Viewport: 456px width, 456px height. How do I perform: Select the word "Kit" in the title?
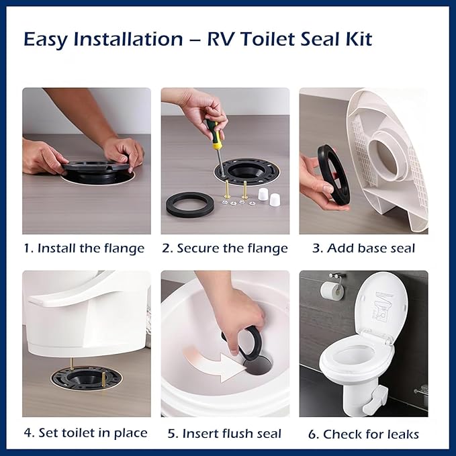(x=355, y=40)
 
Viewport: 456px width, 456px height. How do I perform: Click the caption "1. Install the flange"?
(x=84, y=248)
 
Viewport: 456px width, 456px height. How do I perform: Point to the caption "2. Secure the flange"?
(x=225, y=248)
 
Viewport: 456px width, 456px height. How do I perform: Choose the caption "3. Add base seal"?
(x=364, y=248)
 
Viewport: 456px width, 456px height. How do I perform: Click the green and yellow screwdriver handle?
(x=216, y=134)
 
